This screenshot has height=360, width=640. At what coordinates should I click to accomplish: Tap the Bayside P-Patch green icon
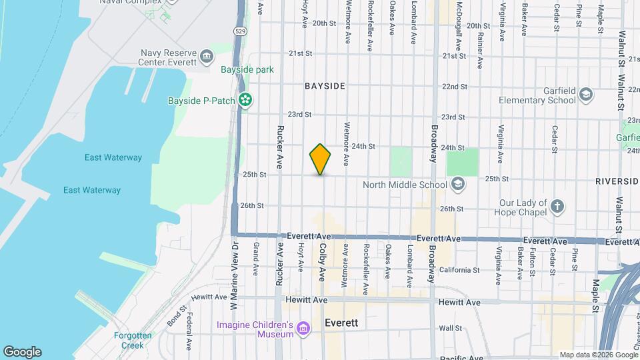coord(246,101)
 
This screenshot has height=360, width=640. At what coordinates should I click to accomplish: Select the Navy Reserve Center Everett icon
coord(206,55)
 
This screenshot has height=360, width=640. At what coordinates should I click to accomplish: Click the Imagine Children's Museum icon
coord(303,328)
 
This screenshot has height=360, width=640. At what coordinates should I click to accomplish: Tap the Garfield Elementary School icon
coord(586,94)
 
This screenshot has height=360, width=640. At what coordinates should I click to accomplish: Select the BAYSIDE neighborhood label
coord(325,86)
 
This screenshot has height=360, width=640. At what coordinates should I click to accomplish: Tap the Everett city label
coord(341,322)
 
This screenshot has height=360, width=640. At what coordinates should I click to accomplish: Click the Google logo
coord(22,352)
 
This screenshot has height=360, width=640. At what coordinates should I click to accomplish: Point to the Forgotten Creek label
coord(133,340)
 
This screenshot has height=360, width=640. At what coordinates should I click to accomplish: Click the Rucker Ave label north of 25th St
coord(280,147)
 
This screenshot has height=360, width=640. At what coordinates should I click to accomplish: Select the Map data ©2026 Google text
coord(598,355)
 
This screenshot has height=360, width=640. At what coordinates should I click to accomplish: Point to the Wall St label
coord(451,328)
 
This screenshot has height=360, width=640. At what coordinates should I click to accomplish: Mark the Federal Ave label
coord(189,327)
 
